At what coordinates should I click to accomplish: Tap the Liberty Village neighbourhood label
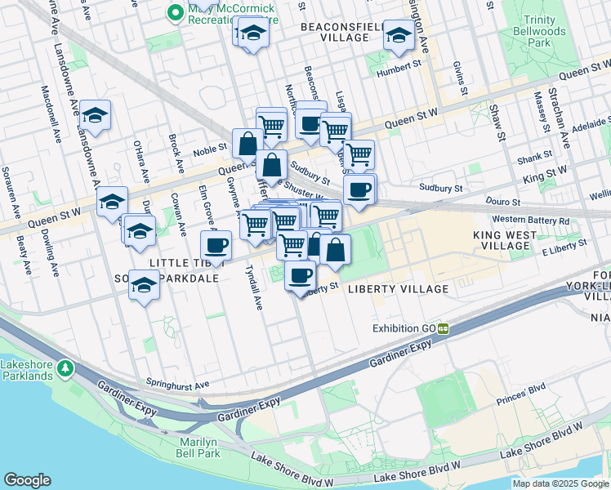(x=398, y=289)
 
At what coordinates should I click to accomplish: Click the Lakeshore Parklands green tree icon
(x=65, y=370)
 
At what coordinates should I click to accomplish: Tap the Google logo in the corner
(x=27, y=480)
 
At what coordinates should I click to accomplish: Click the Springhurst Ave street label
(x=178, y=382)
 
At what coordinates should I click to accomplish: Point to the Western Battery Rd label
(x=531, y=220)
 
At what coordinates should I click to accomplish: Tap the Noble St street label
(x=210, y=150)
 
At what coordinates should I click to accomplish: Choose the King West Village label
(x=505, y=240)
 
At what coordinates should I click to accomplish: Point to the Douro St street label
(x=504, y=201)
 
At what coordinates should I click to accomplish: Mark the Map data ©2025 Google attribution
(x=560, y=483)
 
